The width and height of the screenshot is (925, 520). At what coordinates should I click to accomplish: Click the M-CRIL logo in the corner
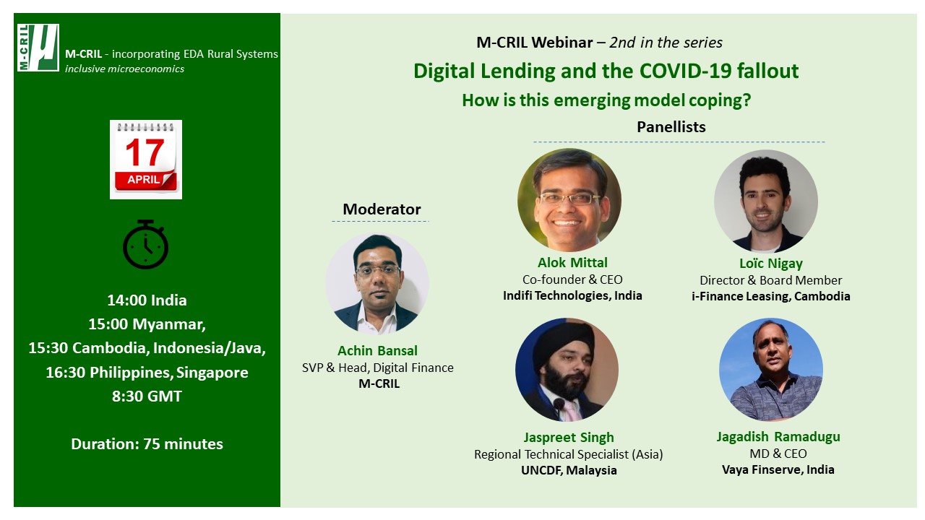pyautogui.click(x=38, y=48)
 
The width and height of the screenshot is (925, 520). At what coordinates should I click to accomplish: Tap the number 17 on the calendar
pyautogui.click(x=145, y=152)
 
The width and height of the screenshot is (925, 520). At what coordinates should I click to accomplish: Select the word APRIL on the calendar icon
pyautogui.click(x=143, y=180)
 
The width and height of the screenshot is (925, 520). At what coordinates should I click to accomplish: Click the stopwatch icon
pyautogui.click(x=145, y=244)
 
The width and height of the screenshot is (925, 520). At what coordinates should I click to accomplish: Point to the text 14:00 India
pyautogui.click(x=147, y=300)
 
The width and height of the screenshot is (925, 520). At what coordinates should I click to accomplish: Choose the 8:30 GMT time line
pyautogui.click(x=147, y=396)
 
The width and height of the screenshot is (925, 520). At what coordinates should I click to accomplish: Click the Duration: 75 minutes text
pyautogui.click(x=147, y=444)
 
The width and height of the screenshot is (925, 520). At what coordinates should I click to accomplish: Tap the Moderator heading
pyautogui.click(x=382, y=209)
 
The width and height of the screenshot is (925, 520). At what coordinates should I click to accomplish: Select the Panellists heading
pyautogui.click(x=671, y=126)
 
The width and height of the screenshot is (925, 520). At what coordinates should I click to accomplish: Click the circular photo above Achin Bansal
pyautogui.click(x=377, y=283)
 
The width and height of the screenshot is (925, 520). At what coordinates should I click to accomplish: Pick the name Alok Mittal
pyautogui.click(x=572, y=262)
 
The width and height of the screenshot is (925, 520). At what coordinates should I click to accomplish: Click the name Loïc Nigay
pyautogui.click(x=771, y=264)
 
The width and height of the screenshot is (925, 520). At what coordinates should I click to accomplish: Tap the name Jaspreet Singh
pyautogui.click(x=569, y=438)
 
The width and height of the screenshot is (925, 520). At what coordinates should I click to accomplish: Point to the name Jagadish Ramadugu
pyautogui.click(x=778, y=437)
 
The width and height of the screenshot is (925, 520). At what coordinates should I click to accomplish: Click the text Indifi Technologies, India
pyautogui.click(x=572, y=295)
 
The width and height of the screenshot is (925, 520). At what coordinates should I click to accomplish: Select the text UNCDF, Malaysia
pyautogui.click(x=569, y=470)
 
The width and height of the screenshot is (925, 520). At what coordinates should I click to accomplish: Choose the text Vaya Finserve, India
pyautogui.click(x=778, y=469)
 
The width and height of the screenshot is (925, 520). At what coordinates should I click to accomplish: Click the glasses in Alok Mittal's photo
pyautogui.click(x=570, y=199)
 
